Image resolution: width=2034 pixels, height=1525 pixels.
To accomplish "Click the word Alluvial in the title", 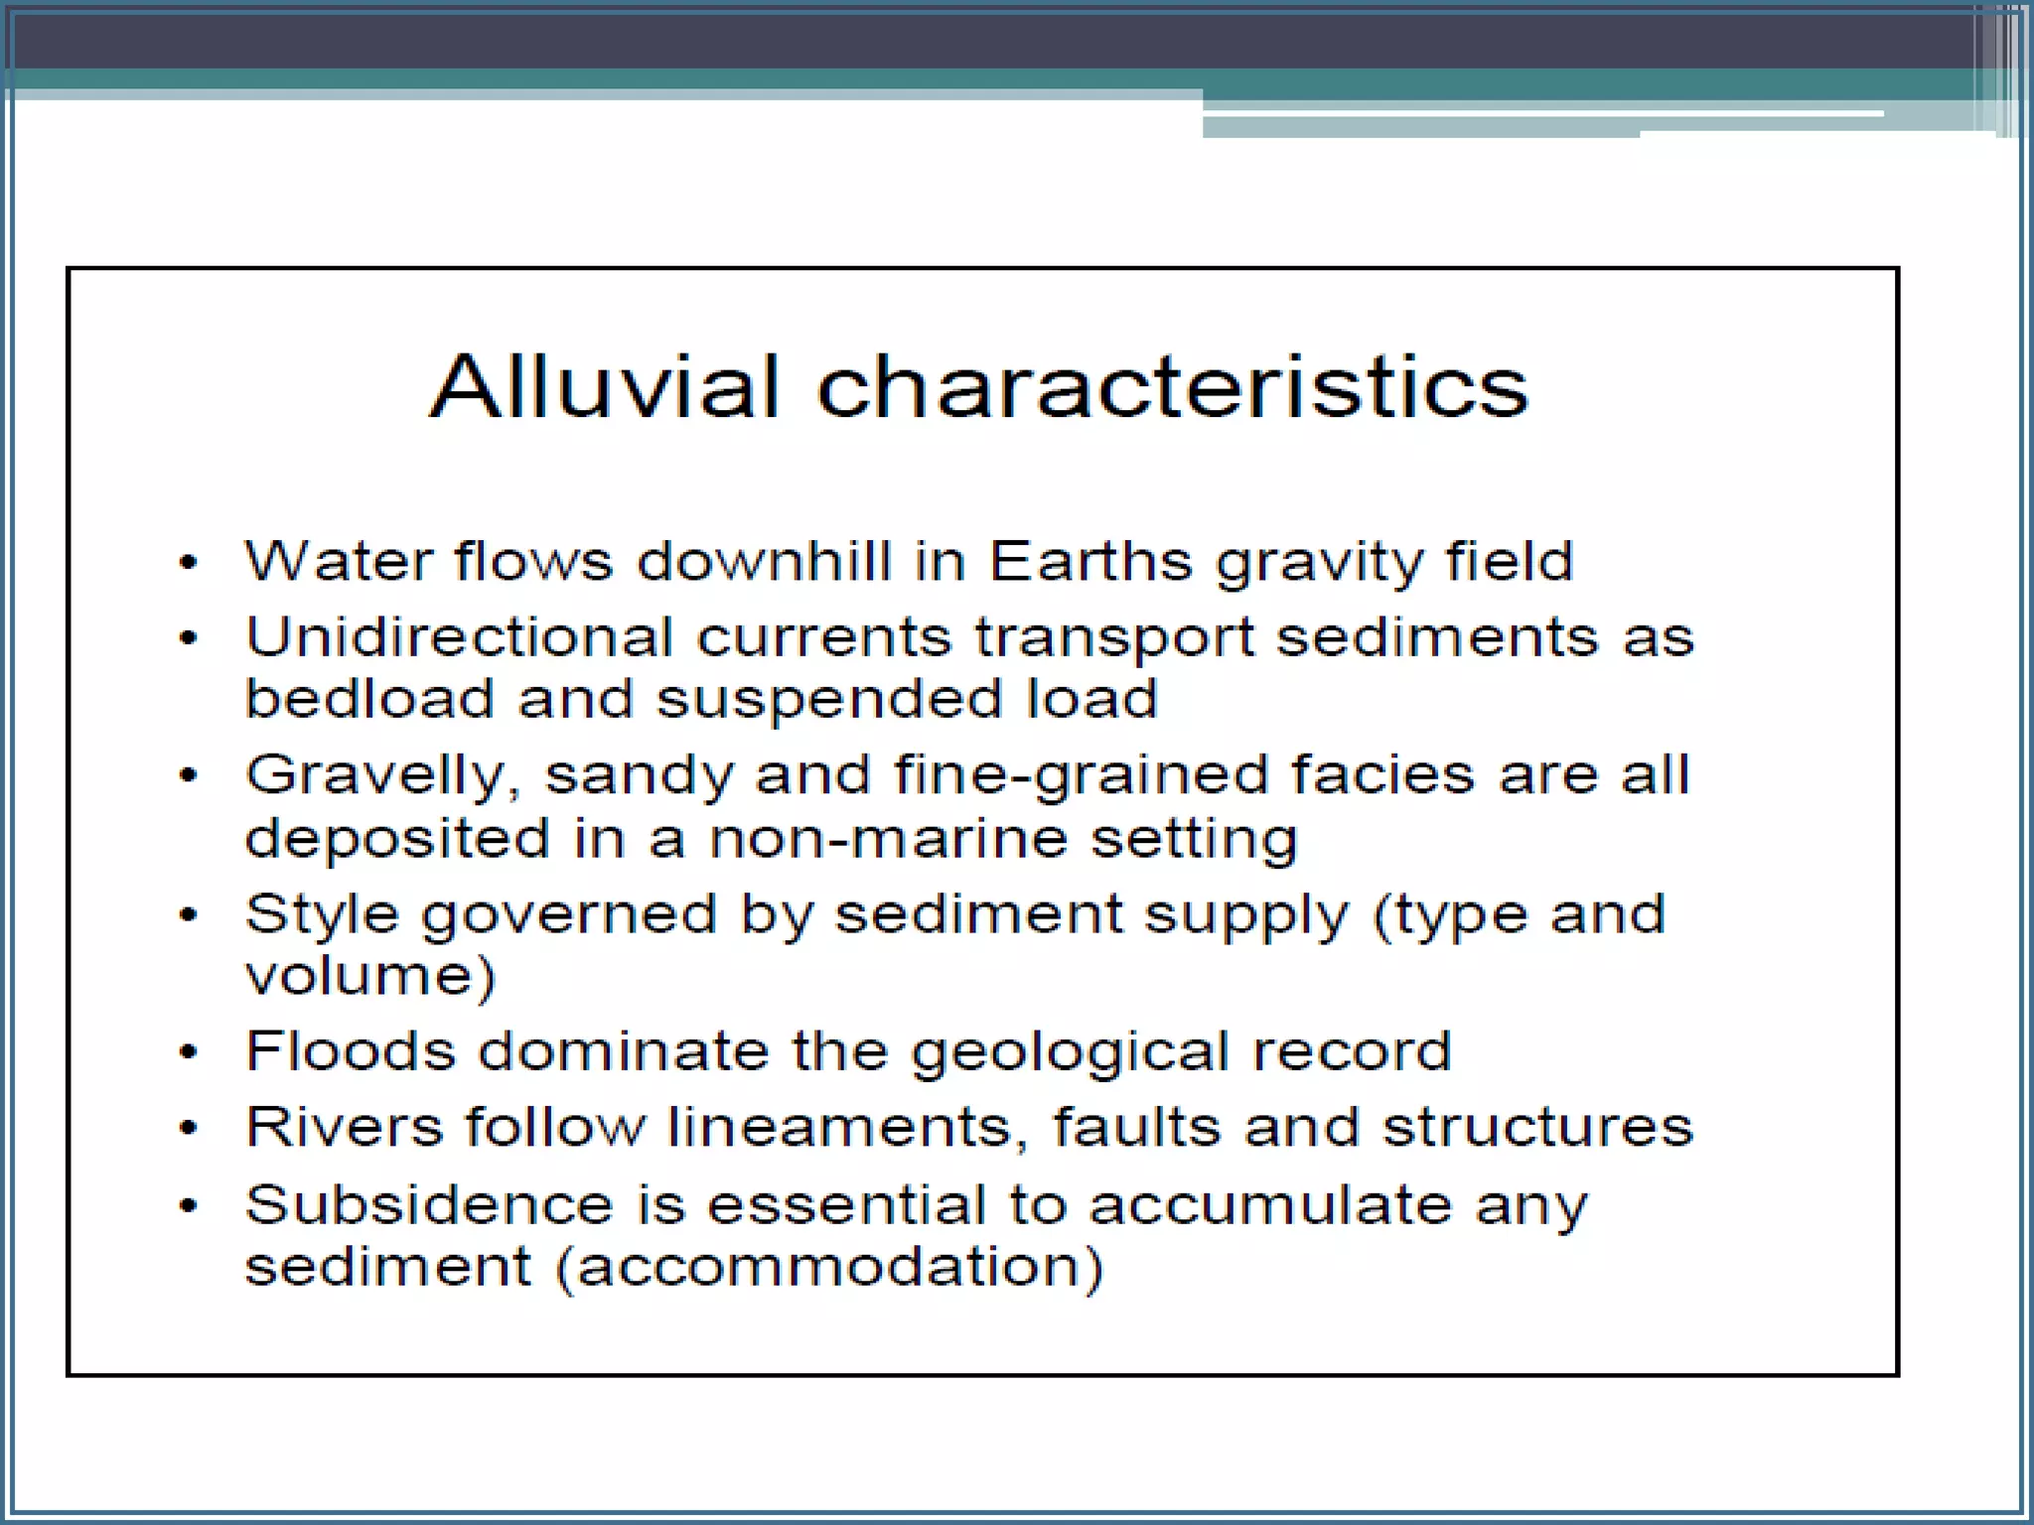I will tap(605, 386).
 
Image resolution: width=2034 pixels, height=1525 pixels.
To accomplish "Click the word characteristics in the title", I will tap(1172, 386).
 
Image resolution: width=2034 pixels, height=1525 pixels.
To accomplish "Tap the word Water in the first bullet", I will tap(339, 561).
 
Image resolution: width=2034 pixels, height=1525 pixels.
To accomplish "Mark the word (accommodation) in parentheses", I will tap(829, 1268).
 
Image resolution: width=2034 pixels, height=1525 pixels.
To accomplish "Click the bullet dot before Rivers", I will tap(189, 1128).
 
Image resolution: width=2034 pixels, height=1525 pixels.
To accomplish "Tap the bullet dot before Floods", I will tap(189, 1052).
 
